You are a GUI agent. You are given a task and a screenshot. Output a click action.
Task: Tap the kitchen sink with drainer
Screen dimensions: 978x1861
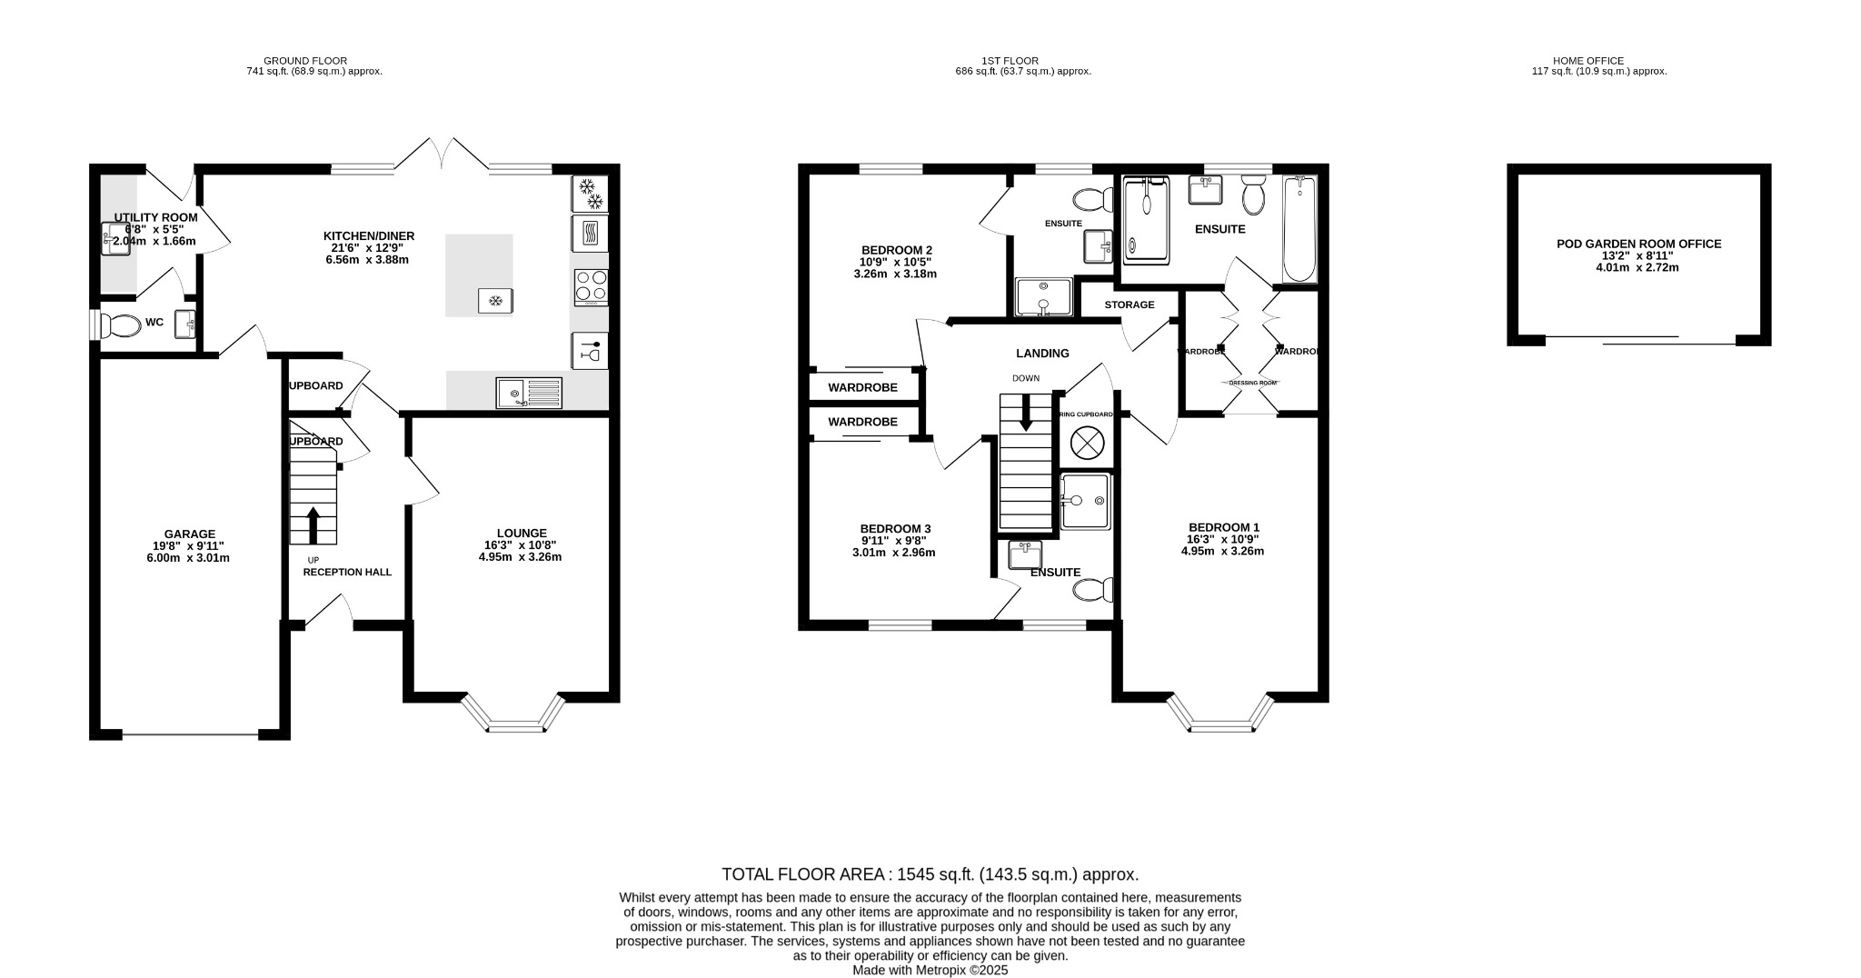[x=529, y=393]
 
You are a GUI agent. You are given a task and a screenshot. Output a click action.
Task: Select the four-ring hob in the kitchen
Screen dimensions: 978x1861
[x=591, y=286]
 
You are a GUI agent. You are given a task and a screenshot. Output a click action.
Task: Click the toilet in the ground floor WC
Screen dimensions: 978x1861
[x=119, y=324]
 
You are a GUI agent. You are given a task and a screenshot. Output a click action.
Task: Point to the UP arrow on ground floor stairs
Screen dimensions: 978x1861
[x=313, y=524]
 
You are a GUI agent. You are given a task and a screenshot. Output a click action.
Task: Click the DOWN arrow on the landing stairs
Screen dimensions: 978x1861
[x=1026, y=414]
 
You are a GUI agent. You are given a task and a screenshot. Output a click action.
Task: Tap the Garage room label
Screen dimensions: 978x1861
[x=189, y=534]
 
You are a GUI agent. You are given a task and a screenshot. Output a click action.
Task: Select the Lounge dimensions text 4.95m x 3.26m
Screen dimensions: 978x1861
[x=520, y=557]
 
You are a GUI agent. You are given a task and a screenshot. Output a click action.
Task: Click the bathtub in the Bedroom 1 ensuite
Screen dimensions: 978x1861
[x=1299, y=229]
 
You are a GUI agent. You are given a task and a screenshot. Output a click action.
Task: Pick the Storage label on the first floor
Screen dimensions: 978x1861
[x=1130, y=304]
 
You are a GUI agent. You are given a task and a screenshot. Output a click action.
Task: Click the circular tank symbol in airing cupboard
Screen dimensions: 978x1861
[x=1086, y=444]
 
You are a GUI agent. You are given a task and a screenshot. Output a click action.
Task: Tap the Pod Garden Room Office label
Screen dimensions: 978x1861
[x=1638, y=244]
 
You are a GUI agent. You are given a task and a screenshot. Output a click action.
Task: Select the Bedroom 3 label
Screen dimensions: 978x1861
[x=895, y=529]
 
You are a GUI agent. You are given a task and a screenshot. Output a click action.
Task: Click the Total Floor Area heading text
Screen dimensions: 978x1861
[x=930, y=874]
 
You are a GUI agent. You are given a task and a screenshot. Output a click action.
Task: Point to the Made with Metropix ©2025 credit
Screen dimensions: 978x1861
[x=930, y=970]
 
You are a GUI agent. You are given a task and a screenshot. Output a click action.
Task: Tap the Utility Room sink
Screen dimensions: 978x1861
[x=114, y=240]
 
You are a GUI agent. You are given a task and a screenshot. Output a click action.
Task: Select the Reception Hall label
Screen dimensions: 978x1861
[x=347, y=572]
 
